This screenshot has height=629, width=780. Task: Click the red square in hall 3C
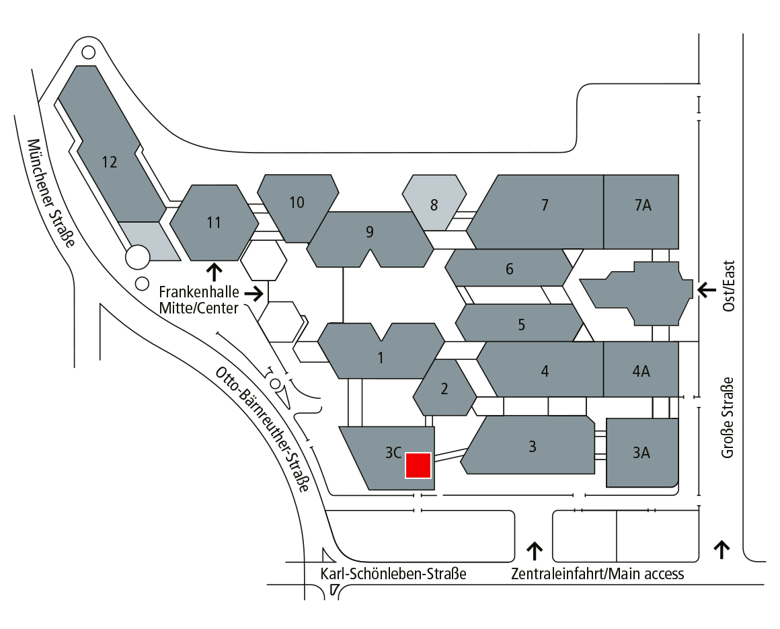418,465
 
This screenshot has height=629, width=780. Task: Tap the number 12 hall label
110,161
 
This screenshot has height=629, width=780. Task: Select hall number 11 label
214,222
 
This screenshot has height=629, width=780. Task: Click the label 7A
642,206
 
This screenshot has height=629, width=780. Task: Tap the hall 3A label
641,453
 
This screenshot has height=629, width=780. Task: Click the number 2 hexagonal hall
444,388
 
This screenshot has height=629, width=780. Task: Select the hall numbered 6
509,269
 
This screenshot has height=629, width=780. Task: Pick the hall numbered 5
521,324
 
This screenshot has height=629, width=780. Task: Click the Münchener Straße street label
50,193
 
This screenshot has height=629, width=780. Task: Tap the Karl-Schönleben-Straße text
393,574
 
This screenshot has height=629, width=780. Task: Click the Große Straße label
728,417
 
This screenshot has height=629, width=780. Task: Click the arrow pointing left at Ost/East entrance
707,289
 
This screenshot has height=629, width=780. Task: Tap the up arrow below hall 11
214,271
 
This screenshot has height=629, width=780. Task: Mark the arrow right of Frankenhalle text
253,293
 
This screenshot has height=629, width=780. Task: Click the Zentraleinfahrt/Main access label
597,574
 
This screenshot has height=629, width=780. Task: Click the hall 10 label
297,202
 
